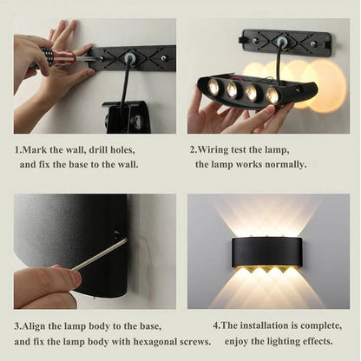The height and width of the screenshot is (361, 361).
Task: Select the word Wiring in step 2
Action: coord(218,148)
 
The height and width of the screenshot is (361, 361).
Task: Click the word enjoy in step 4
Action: coord(240,341)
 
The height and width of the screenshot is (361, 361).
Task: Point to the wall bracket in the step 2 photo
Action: coord(286,41)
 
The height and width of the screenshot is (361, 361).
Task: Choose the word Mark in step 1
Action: coord(37,148)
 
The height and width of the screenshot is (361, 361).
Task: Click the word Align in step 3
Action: coord(38,325)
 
